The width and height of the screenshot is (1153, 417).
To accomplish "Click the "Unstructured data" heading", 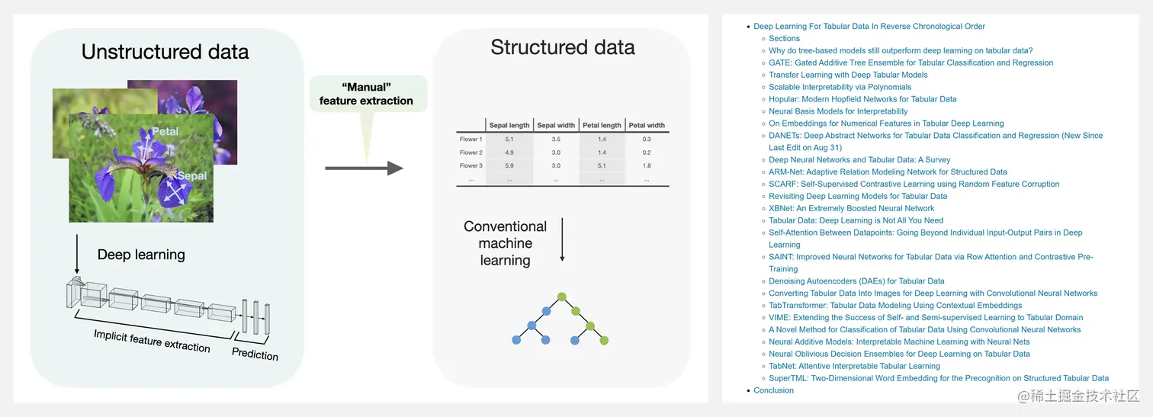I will click(x=165, y=52).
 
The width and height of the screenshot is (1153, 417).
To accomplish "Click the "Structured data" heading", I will click(x=563, y=47).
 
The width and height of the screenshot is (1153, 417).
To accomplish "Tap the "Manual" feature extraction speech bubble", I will click(x=366, y=94).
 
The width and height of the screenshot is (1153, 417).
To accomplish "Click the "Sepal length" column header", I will click(x=509, y=125).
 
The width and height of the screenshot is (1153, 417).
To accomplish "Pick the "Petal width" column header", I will click(x=647, y=125).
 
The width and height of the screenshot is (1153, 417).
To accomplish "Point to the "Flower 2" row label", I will click(x=471, y=152).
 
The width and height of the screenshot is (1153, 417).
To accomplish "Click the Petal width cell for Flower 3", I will click(x=647, y=165).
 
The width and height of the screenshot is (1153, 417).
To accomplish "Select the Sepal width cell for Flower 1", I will click(x=556, y=140).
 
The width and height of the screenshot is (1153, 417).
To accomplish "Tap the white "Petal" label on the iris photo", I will click(x=165, y=131).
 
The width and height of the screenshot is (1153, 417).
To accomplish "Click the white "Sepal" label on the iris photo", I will click(x=192, y=176).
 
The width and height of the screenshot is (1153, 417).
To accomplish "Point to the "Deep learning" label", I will click(x=141, y=255).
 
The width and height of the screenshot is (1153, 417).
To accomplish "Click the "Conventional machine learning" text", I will click(x=505, y=243).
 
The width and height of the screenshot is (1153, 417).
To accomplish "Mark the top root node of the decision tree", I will click(x=561, y=296).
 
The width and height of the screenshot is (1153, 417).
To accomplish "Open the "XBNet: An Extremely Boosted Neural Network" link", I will click(x=851, y=208).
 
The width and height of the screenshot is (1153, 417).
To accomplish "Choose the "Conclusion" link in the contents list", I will click(x=773, y=390).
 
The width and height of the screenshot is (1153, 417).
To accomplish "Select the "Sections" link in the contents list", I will click(x=784, y=38).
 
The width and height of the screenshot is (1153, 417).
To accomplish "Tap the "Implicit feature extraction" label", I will click(x=152, y=341).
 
